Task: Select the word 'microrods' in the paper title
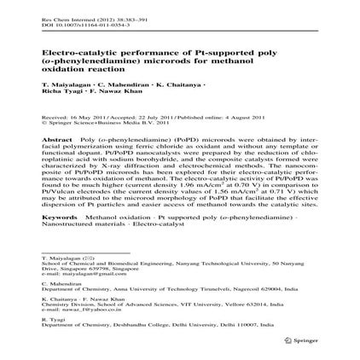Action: click(x=162, y=49)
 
